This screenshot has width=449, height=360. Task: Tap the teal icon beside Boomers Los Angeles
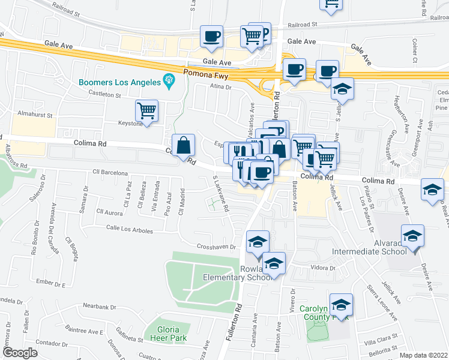tap(169, 80)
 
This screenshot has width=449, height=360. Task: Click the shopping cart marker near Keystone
tap(146, 111)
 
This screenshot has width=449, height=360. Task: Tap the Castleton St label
tap(105, 94)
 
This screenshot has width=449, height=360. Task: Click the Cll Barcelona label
tap(111, 173)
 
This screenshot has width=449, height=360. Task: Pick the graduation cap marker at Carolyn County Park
tap(341, 305)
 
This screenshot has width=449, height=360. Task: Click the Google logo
tap(20, 353)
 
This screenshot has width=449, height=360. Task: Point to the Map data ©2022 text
tap(424, 355)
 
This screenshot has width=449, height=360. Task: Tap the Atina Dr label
tap(220, 87)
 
